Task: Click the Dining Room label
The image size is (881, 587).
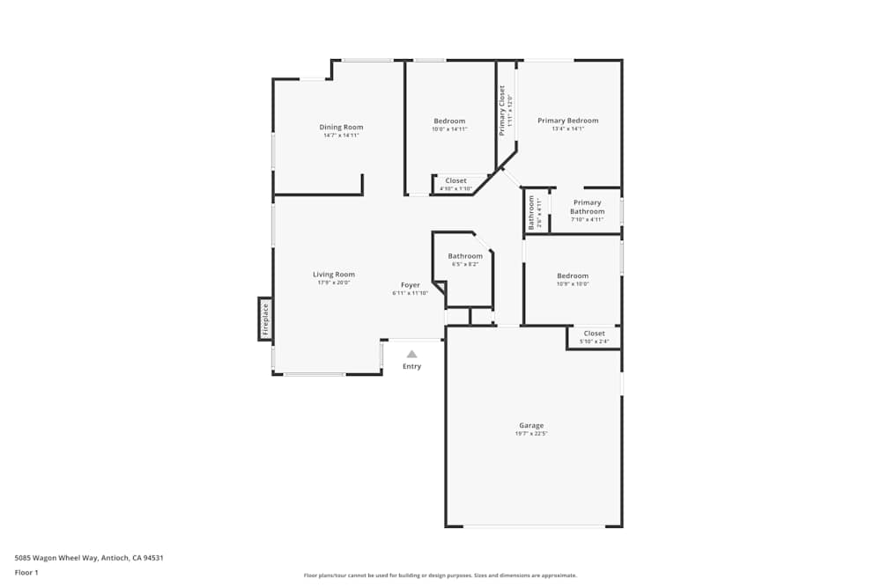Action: point(341,127)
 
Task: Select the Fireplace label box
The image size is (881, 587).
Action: point(264,319)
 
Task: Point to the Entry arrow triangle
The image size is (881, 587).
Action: point(411,354)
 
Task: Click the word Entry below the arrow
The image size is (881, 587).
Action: point(411,366)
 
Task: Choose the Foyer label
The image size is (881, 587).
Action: point(411,285)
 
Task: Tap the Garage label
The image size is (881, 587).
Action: point(531,426)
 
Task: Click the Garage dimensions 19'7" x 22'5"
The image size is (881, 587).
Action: point(531,434)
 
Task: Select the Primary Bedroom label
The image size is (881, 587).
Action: point(568,121)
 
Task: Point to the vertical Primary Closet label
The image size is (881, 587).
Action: point(502,110)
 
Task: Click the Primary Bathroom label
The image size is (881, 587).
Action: point(587,207)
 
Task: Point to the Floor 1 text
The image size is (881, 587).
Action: point(26,572)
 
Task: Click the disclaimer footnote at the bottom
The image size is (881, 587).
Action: point(440,576)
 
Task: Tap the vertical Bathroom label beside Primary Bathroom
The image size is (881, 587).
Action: point(531,212)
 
